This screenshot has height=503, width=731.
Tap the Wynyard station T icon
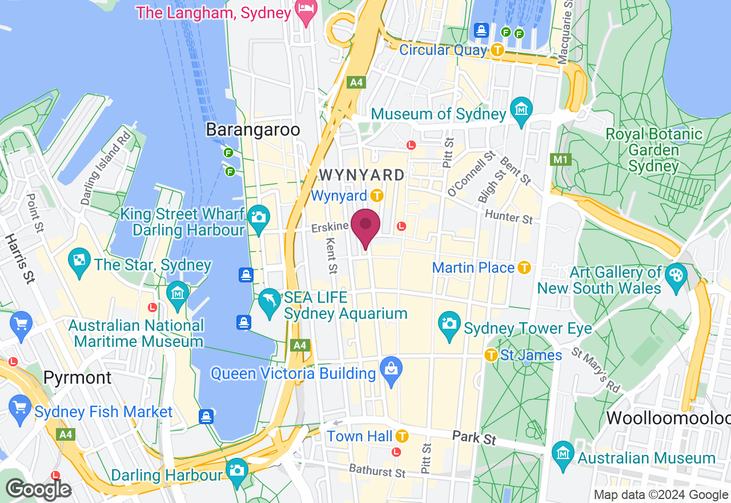[x=376, y=196]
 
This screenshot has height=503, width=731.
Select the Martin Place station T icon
[x=524, y=267]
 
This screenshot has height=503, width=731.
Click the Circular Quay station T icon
[x=497, y=50]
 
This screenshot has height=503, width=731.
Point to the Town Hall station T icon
[x=402, y=436]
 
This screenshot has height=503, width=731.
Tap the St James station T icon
[x=491, y=355]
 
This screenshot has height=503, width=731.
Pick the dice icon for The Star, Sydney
[x=79, y=260]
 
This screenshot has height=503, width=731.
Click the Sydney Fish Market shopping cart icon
[x=21, y=409]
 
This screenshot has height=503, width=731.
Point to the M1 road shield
[x=560, y=159]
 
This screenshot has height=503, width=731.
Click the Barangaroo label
[x=253, y=130]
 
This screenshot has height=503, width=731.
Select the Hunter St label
[x=509, y=216]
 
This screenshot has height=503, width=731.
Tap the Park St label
[x=474, y=438]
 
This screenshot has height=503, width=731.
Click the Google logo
[x=38, y=489]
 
